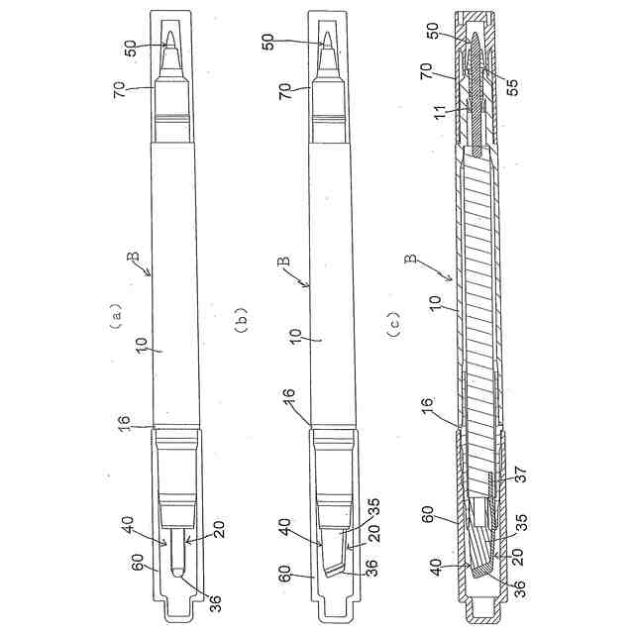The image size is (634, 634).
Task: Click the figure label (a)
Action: [x=117, y=316]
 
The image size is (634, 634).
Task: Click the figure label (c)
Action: [x=394, y=325]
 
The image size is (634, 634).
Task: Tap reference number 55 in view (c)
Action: [x=512, y=88]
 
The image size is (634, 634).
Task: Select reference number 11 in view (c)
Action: [x=439, y=111]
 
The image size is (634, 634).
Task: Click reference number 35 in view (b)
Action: [x=374, y=507]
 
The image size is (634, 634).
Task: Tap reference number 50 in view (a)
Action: [x=130, y=49]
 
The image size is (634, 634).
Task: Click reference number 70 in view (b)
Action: [x=284, y=92]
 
